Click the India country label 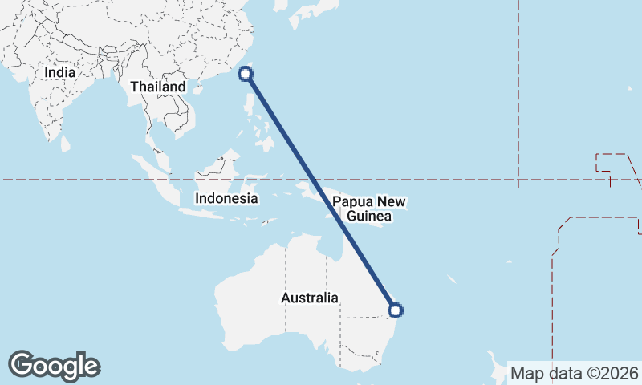point(59,72)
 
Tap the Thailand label point(158,87)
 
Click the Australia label point(309,298)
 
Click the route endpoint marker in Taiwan point(246,75)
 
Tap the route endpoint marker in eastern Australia point(395,310)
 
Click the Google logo point(54,365)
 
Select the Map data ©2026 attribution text point(574,373)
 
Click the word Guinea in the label point(369,217)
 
